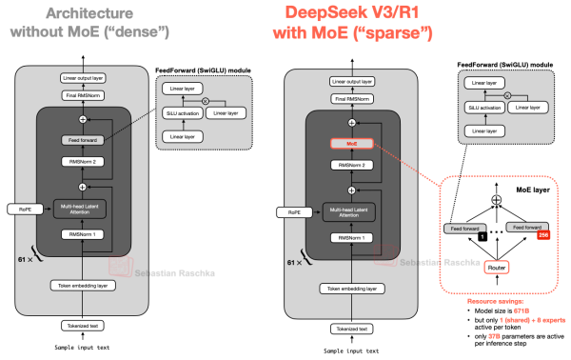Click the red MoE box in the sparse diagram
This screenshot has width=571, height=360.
click(x=352, y=145)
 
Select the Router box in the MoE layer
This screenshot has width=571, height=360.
click(x=495, y=267)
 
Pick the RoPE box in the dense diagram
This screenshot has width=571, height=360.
click(x=21, y=208)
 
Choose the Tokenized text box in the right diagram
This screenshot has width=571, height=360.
click(x=352, y=330)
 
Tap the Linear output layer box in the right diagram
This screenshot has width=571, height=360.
click(x=352, y=83)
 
